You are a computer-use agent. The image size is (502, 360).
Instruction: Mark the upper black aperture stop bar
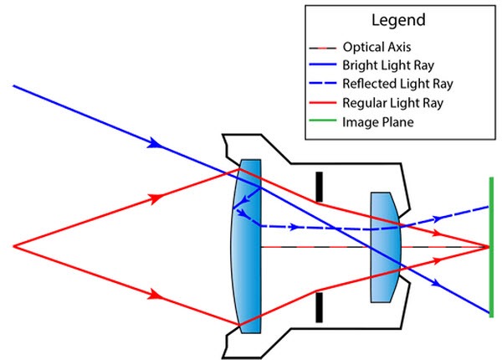[318, 187]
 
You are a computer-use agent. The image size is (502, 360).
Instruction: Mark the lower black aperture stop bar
[318, 307]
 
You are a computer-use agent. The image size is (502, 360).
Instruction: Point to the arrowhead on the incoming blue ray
[154, 144]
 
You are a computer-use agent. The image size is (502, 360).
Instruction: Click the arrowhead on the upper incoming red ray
[154, 199]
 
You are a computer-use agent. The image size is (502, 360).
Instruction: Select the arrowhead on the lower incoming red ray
[154, 294]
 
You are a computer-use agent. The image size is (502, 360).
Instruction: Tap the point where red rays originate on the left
[14, 246]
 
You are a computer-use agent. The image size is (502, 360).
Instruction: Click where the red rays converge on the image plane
[488, 247]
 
